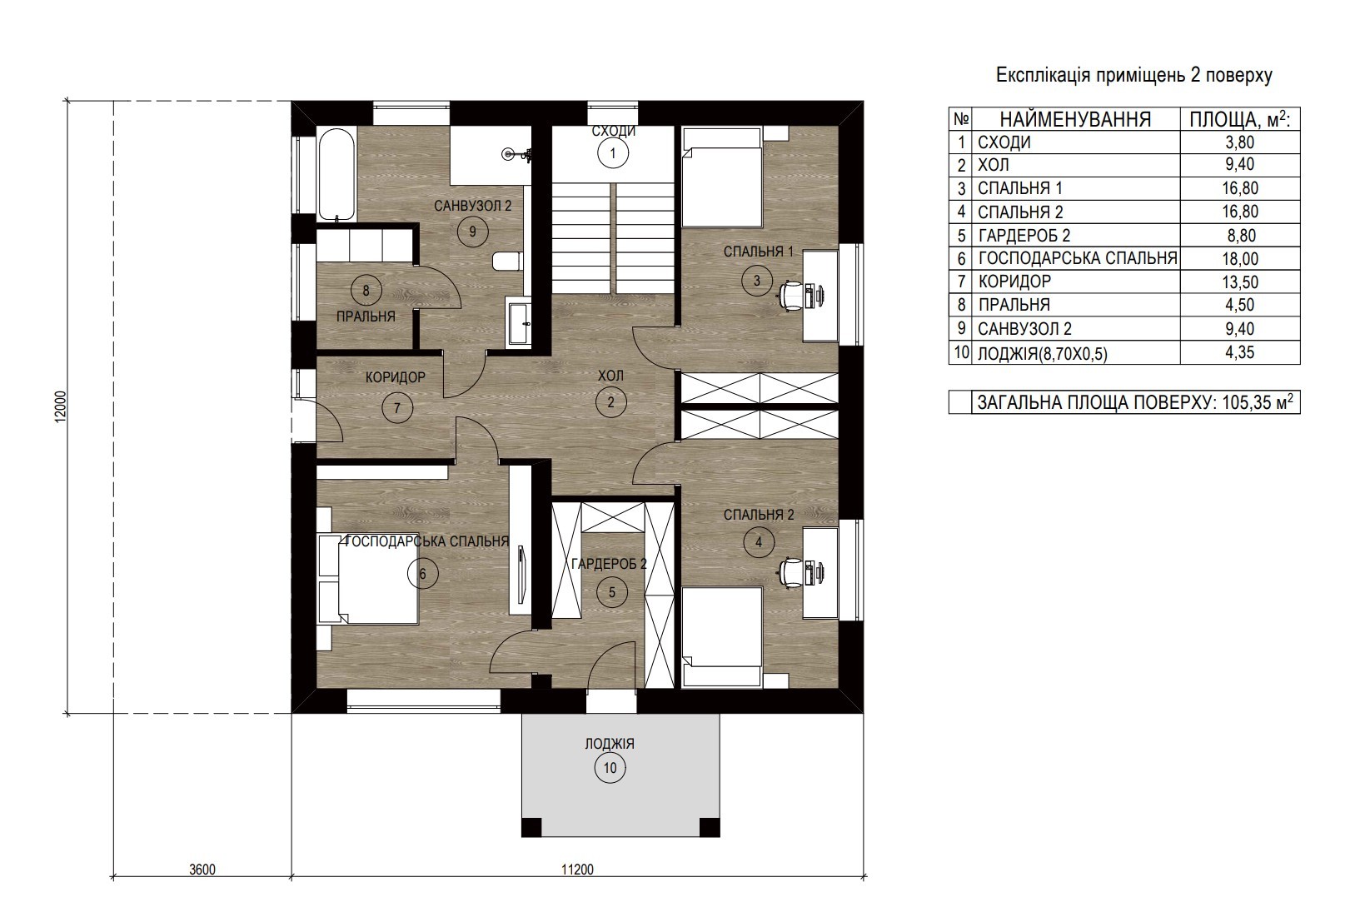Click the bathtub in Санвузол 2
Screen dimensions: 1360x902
pyautogui.click(x=336, y=174)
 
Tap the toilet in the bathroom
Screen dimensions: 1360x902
pyautogui.click(x=507, y=262)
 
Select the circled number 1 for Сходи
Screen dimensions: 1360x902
pyautogui.click(x=613, y=153)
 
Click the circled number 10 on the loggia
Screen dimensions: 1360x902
pyautogui.click(x=610, y=768)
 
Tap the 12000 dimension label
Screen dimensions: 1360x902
pyautogui.click(x=60, y=406)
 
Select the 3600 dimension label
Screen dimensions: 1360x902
pyautogui.click(x=202, y=870)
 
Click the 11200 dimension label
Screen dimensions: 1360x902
pyautogui.click(x=577, y=870)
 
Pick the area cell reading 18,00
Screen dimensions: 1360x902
pyautogui.click(x=1240, y=258)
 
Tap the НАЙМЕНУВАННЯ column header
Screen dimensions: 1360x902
pyautogui.click(x=1075, y=120)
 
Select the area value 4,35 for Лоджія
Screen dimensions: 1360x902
pyautogui.click(x=1240, y=352)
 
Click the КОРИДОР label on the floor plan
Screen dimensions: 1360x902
pyautogui.click(x=396, y=377)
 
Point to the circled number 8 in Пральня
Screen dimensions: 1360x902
pyautogui.click(x=366, y=291)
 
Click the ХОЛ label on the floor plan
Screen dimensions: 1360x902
pyautogui.click(x=610, y=376)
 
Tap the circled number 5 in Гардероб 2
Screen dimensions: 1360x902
pyautogui.click(x=612, y=592)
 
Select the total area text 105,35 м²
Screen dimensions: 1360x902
pyautogui.click(x=1255, y=401)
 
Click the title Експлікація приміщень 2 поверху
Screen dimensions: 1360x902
pyautogui.click(x=1134, y=75)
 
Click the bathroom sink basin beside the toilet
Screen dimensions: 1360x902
pyautogui.click(x=519, y=323)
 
